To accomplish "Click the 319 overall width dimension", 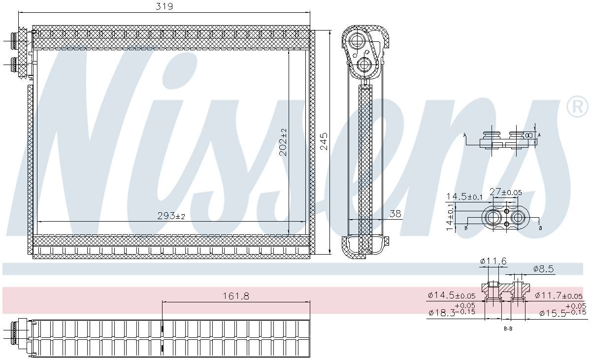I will (165, 6).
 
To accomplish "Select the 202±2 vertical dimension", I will (283, 142).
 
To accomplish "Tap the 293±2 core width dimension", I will (171, 216).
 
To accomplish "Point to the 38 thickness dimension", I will (395, 214).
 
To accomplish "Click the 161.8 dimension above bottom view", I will (236, 296).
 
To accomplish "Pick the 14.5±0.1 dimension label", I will (464, 196).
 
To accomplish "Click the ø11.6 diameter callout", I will (492, 261).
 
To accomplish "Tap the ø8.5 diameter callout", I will (544, 269).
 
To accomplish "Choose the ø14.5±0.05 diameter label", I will (452, 295).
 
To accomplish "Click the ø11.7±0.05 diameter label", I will (558, 295).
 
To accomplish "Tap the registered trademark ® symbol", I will (578, 107).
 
